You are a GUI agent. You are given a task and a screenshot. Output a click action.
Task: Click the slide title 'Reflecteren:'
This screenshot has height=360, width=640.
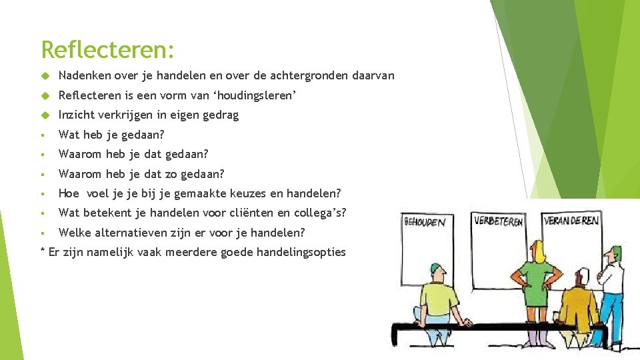pyautogui.click(x=107, y=49)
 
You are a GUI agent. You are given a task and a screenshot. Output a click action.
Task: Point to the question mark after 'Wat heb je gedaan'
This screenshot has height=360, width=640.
pyautogui.click(x=161, y=135)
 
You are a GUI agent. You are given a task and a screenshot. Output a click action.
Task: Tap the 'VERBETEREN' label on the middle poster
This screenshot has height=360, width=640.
pyautogui.click(x=498, y=221)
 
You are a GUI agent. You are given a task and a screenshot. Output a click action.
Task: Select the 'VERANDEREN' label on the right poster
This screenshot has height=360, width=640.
pyautogui.click(x=571, y=220)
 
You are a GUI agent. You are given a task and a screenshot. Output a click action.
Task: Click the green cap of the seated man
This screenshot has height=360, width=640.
pyautogui.click(x=436, y=269)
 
